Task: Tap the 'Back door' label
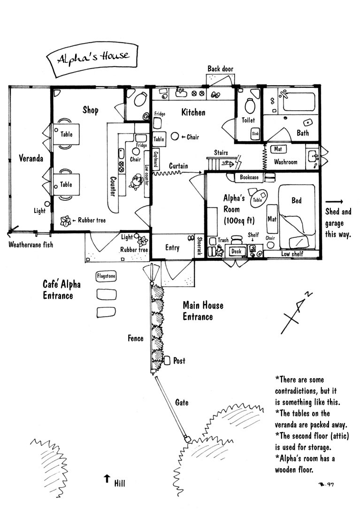[220, 69]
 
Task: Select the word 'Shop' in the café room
[91, 110]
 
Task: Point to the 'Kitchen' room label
[193, 113]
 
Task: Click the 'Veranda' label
[31, 159]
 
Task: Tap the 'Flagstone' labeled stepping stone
[106, 276]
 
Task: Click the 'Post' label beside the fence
[179, 361]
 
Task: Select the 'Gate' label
[182, 402]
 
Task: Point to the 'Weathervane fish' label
[31, 244]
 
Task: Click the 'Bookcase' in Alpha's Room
[249, 178]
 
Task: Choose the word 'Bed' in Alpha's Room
[297, 201]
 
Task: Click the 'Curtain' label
[179, 166]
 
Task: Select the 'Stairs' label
[221, 152]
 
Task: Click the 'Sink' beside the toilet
[255, 134]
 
